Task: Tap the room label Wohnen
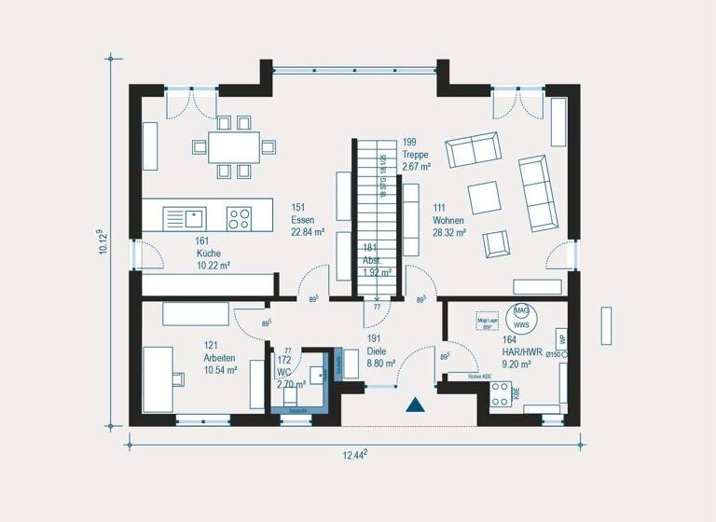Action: point(449,221)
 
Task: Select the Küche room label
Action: point(208,253)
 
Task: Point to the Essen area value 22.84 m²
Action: point(307,233)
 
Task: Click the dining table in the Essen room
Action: point(234,146)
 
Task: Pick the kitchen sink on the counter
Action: point(194,218)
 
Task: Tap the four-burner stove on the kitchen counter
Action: point(240,218)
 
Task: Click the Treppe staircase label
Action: point(417,155)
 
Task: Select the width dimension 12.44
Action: point(351,454)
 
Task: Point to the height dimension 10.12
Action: point(103,247)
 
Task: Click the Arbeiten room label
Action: point(220,358)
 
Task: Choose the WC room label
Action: point(283,372)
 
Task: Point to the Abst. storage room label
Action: point(371,261)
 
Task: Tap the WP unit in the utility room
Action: point(561,337)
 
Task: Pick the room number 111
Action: point(439,208)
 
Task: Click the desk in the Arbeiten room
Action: point(158,377)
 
